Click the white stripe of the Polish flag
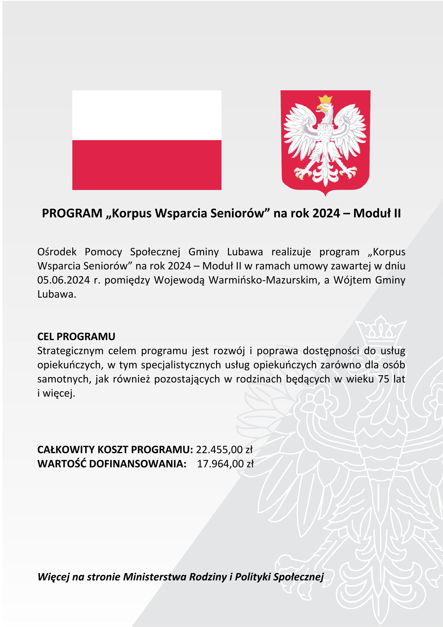coord(147,115)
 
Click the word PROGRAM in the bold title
coord(72,213)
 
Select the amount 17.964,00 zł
coord(225,464)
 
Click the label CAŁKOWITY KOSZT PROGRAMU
coord(115,449)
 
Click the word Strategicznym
coord(70,351)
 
